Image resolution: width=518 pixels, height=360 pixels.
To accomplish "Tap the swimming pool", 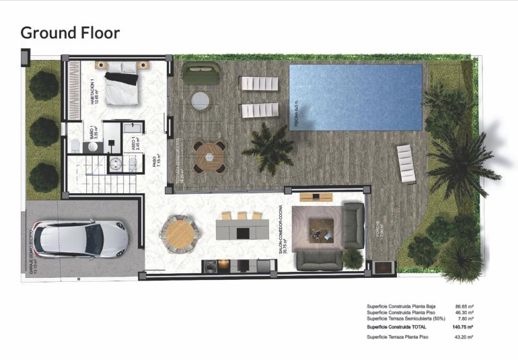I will (x=355, y=97).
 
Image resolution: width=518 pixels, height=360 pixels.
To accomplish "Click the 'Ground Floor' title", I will (x=70, y=32).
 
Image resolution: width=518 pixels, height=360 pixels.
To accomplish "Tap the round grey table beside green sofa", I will (x=200, y=101).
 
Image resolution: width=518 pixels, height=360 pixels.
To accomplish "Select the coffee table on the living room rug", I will (x=319, y=230).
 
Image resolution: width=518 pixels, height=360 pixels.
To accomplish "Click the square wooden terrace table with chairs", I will (x=210, y=156).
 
